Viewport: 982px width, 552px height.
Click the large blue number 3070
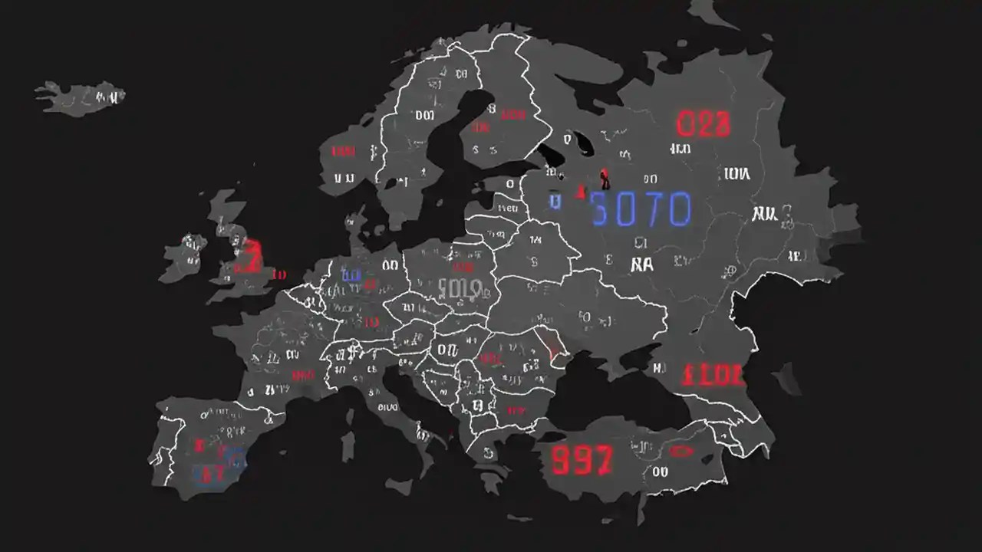click(641, 209)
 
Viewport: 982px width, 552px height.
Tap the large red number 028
click(703, 124)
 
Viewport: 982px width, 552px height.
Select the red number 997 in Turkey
click(582, 460)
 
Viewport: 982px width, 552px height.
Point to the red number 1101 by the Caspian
click(712, 376)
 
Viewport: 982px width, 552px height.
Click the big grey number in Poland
click(460, 289)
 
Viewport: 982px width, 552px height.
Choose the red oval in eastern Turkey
click(681, 452)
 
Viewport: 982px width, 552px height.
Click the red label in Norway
click(343, 151)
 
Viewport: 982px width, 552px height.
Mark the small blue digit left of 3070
click(554, 201)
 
